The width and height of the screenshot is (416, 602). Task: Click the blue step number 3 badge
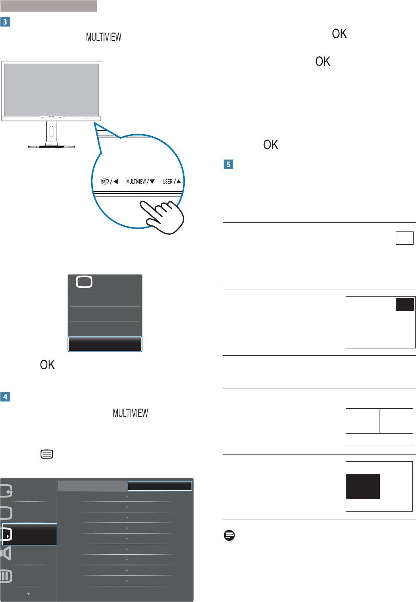click(5, 22)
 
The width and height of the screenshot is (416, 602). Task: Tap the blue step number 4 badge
click(5, 397)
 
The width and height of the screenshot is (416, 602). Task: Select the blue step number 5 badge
click(228, 164)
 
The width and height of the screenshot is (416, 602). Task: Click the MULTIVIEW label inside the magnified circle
click(136, 182)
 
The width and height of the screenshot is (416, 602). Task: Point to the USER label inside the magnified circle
click(167, 182)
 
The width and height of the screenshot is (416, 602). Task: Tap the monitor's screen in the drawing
click(51, 89)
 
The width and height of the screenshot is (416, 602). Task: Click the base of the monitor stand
click(51, 147)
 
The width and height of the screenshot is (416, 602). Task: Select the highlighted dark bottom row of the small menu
click(105, 344)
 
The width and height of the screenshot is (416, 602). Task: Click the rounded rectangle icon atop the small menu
click(84, 282)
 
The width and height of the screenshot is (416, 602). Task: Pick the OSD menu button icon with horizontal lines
click(47, 455)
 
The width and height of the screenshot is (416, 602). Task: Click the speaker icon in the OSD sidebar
click(6, 554)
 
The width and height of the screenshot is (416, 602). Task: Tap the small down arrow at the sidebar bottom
click(29, 594)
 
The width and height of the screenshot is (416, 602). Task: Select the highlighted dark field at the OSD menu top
click(160, 486)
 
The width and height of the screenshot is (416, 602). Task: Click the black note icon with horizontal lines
click(229, 535)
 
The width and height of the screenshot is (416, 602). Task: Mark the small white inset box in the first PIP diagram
click(404, 238)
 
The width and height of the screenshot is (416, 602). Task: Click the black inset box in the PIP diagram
click(405, 304)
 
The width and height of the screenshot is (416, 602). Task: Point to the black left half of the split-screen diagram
click(363, 486)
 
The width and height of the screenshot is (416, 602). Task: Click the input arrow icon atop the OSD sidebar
click(6, 491)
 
